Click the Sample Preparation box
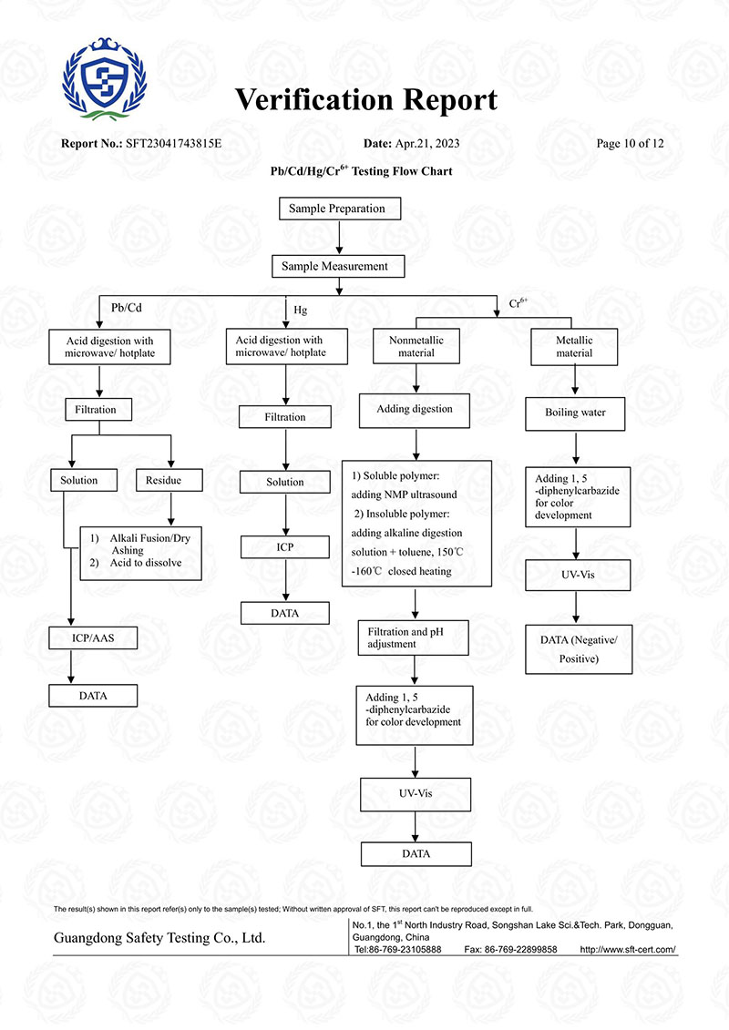337,209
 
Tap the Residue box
164,480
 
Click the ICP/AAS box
94,637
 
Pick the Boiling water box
574,413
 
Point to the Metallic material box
574,347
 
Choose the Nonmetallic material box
416,347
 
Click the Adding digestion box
415,410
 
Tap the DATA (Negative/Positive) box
579,648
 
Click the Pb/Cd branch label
126,307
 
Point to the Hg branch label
300,311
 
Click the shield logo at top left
102,76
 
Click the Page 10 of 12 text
630,144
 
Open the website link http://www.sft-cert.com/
628,949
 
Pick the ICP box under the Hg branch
286,546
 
